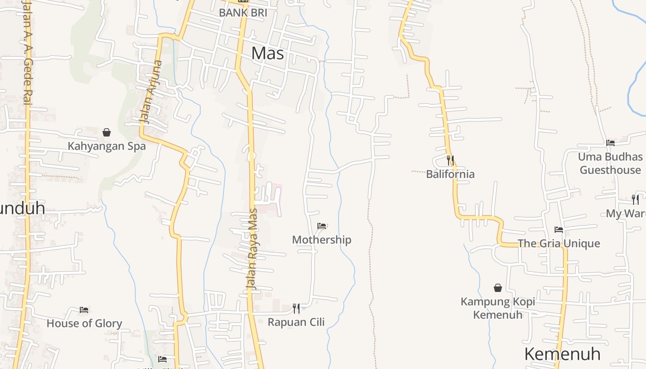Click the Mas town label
[x=268, y=54]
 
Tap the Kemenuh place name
[x=562, y=354]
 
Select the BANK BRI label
[x=243, y=12]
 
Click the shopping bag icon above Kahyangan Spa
[x=107, y=133]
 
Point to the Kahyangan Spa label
[x=107, y=146]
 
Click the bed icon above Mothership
[x=322, y=226]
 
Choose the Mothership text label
[x=322, y=240]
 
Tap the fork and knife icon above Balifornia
[x=450, y=161]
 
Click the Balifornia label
[x=450, y=174]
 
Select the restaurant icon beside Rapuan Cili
[x=296, y=308]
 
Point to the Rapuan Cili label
[x=296, y=322]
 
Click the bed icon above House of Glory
[x=84, y=309]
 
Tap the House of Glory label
[x=84, y=323]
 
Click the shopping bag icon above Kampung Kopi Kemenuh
[x=498, y=288]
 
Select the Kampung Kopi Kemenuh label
[x=498, y=308]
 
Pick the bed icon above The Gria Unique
[x=559, y=230]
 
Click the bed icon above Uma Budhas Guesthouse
[x=610, y=143]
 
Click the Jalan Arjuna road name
[x=151, y=92]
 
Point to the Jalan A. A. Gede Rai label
[x=26, y=53]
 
